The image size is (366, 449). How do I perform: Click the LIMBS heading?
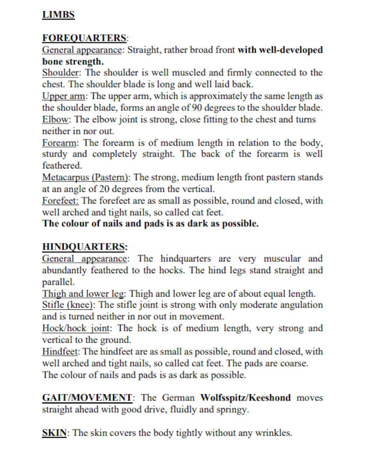click(58, 15)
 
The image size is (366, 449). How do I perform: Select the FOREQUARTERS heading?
click(84, 38)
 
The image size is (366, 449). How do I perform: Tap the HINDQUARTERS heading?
click(84, 246)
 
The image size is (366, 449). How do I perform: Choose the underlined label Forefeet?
click(60, 200)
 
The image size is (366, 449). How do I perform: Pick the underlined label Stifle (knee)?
click(68, 305)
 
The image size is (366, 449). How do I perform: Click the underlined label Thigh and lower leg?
click(87, 293)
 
